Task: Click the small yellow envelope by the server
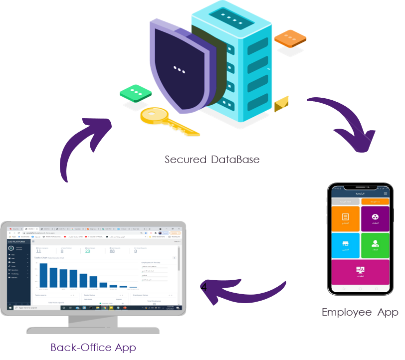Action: (x=281, y=103)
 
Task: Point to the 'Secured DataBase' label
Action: (x=212, y=160)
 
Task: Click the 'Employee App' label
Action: (x=360, y=312)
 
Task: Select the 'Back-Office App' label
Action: (x=93, y=347)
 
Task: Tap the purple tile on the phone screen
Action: (x=375, y=218)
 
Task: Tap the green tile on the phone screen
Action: (x=375, y=245)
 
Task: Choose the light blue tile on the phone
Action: (x=345, y=245)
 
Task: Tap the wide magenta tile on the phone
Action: (x=360, y=272)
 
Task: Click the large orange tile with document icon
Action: (x=345, y=218)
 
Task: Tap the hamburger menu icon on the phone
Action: (x=385, y=193)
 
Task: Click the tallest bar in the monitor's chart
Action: (x=43, y=275)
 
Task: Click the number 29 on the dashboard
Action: (x=88, y=251)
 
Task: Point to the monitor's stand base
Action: (x=93, y=330)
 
